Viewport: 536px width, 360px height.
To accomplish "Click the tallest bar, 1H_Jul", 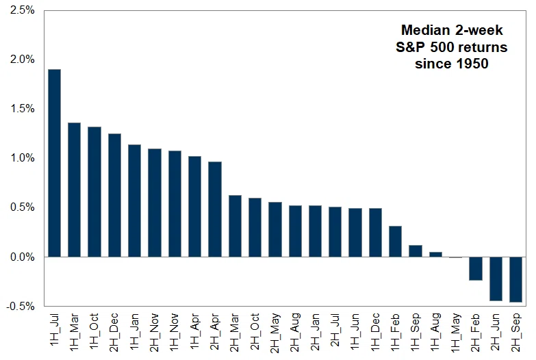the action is (54, 163).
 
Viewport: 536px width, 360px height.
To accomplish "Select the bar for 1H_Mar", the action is (74, 190).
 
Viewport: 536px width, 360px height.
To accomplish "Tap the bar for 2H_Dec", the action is (114, 195).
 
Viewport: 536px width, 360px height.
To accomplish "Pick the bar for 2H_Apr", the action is (215, 209).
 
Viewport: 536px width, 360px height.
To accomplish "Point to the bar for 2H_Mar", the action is (235, 226).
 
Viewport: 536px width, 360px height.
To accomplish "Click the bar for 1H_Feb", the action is (396, 242).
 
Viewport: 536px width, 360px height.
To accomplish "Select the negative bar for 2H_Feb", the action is (476, 269).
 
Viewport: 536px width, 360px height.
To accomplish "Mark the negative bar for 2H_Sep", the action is (516, 280).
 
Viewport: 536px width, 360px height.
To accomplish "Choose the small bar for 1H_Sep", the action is (416, 251).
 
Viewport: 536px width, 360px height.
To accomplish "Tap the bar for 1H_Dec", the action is (375, 233).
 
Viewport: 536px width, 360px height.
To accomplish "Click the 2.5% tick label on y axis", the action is (22, 10).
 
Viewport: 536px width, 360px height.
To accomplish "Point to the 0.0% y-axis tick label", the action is (22, 257).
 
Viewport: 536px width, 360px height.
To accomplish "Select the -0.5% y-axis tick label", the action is (20, 307).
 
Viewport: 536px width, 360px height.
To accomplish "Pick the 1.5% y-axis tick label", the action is (22, 109).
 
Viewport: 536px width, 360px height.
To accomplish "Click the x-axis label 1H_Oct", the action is (94, 331).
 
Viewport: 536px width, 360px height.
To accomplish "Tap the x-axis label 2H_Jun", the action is (496, 333).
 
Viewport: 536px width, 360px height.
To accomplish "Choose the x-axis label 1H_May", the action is (456, 333).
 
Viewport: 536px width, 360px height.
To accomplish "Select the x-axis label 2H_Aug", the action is (295, 333).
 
